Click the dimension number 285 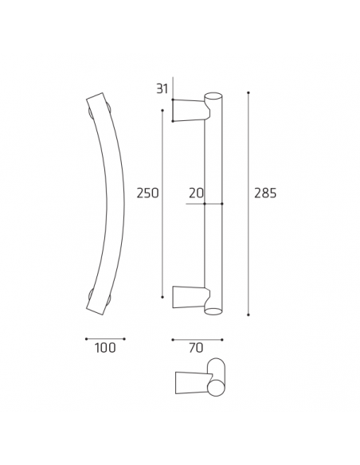[264, 193]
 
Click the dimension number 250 [148, 193]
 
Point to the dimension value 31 [162, 88]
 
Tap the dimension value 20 [196, 193]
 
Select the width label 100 [105, 348]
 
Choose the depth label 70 [197, 348]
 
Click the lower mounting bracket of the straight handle [188, 296]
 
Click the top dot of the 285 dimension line [248, 93]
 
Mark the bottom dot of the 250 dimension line [162, 298]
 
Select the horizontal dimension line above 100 [105, 338]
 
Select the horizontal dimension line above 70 [198, 338]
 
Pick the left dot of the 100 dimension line [86, 338]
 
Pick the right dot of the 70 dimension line [222, 338]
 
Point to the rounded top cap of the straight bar [213, 96]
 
